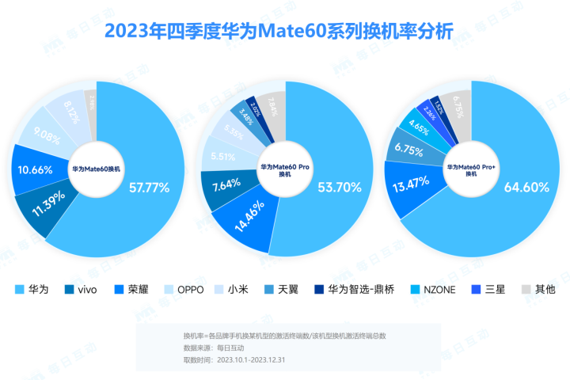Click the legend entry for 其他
[538, 289]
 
